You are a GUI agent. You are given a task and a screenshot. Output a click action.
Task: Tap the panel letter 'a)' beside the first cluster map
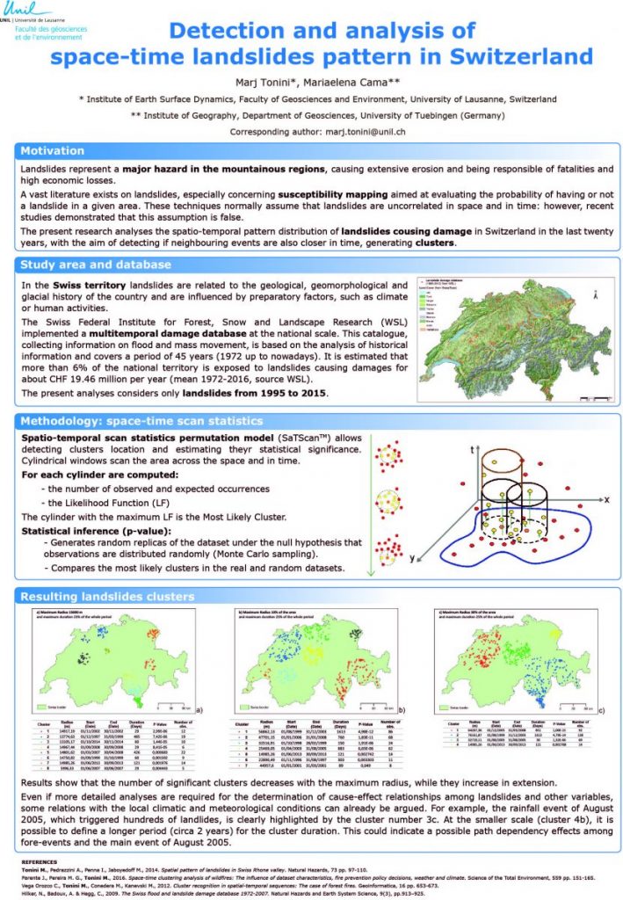199,708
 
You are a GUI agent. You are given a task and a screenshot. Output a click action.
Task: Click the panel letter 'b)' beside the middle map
400,708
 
